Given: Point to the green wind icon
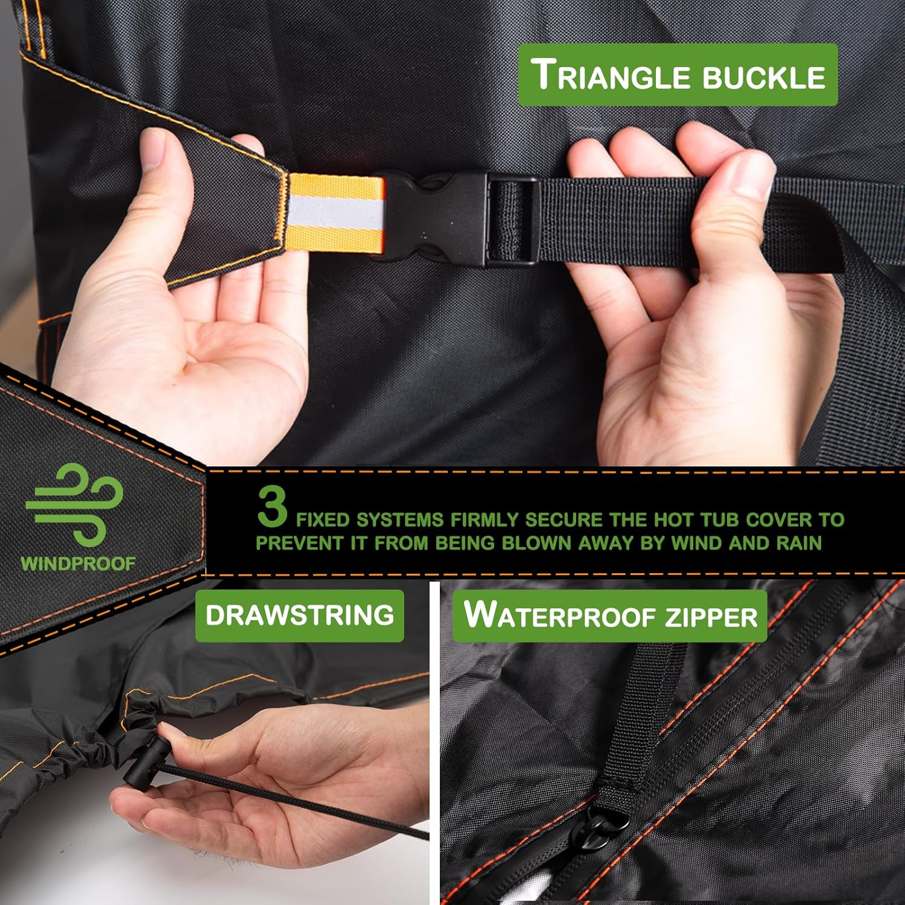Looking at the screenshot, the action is click(x=75, y=504).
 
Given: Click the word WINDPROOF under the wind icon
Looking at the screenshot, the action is click(x=78, y=564).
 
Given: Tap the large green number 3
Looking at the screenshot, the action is click(x=273, y=506).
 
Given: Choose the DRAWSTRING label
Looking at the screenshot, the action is click(x=300, y=615).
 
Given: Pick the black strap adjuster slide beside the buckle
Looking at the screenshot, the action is click(x=512, y=221).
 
